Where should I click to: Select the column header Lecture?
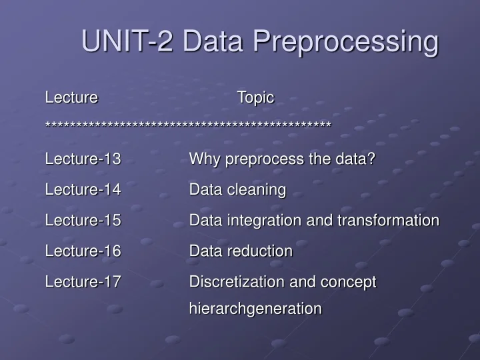click(71, 97)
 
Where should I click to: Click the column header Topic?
click(255, 97)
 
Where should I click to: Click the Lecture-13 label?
click(83, 159)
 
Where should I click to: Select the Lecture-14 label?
click(83, 190)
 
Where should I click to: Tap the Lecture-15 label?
click(83, 221)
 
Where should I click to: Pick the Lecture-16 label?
click(83, 251)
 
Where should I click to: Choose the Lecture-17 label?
click(83, 282)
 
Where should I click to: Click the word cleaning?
click(257, 190)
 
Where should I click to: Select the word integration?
click(258, 221)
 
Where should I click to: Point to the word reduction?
click(260, 251)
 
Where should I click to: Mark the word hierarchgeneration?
click(255, 309)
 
